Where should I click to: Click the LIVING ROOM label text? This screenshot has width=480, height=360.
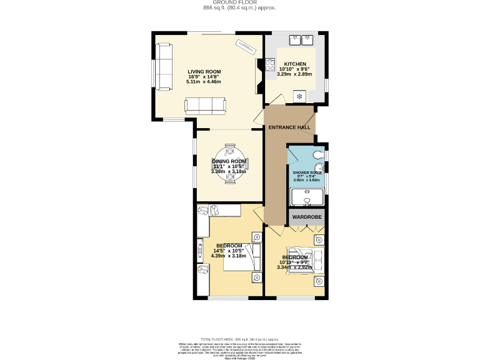pos(204,72)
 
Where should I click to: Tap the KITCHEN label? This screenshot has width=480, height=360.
pos(295,64)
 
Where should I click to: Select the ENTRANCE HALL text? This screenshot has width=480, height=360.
pos(289,127)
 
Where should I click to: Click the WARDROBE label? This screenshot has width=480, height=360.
pos(307,217)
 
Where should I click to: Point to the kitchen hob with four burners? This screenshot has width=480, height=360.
pos(271,64)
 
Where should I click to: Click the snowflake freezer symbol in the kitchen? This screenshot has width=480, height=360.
pos(299,96)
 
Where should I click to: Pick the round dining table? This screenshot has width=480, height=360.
pos(229,164)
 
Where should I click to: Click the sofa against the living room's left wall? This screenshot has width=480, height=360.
pos(164,66)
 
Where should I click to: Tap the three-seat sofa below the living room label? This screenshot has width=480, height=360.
pos(204,105)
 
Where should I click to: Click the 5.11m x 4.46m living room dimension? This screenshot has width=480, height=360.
pos(204,82)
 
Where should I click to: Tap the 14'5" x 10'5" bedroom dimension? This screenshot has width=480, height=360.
pos(229,251)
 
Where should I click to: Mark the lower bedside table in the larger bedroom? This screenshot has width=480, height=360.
pos(257,277)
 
